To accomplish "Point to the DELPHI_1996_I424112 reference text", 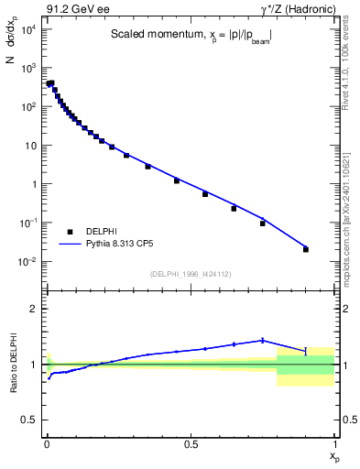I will [x=190, y=273].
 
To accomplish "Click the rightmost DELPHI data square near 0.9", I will [x=306, y=249].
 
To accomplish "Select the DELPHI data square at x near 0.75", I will [x=262, y=223].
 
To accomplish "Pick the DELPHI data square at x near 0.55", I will [x=205, y=194].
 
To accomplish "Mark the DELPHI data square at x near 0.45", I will [x=176, y=180].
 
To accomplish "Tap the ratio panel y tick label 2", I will [x=34, y=309].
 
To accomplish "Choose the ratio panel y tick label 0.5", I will [x=30, y=420].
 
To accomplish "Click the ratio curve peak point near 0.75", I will [x=262, y=340].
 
